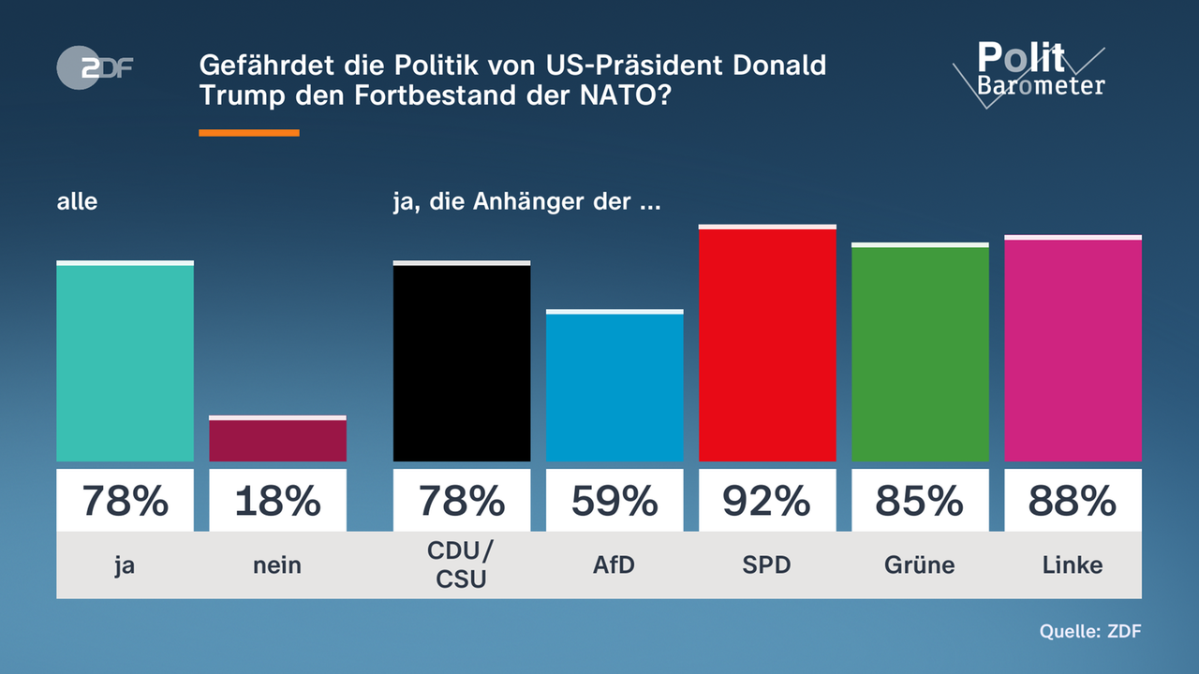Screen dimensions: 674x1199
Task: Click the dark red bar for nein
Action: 277,440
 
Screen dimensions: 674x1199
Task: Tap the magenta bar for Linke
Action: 1073,350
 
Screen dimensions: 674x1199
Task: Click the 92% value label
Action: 767,502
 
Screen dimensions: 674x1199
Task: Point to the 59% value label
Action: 614,502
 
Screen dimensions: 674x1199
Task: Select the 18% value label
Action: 277,502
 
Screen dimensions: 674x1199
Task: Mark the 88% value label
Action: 1073,502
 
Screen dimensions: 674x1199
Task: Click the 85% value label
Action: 920,502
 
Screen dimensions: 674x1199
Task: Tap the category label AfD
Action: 614,564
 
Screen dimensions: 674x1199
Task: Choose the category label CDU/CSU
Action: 462,564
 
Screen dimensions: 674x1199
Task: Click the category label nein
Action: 277,564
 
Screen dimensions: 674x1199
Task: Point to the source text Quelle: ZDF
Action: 1090,631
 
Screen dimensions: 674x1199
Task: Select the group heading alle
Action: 77,201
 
